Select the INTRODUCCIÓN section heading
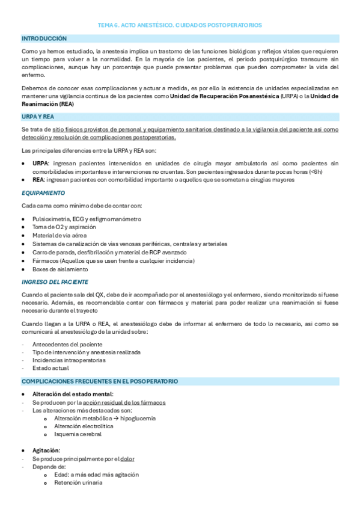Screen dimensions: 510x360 pyautogui.click(x=44, y=38)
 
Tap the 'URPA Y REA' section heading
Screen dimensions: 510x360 pyautogui.click(x=38, y=116)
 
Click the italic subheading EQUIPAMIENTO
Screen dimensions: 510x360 pyautogui.click(x=43, y=193)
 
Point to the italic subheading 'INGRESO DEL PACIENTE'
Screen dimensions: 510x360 pyautogui.click(x=55, y=281)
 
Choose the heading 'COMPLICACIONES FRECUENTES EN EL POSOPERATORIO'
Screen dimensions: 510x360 pyautogui.click(x=100, y=381)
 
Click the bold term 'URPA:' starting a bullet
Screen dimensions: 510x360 pyautogui.click(x=41, y=163)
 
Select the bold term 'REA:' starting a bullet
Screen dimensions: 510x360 pyautogui.click(x=38, y=179)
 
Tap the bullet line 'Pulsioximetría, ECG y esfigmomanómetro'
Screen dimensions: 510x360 pyautogui.click(x=87, y=218)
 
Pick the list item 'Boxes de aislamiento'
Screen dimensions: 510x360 pyautogui.click(x=61, y=269)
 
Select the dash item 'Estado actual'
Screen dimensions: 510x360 pyautogui.click(x=50, y=367)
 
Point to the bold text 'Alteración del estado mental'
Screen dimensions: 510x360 pyautogui.click(x=72, y=394)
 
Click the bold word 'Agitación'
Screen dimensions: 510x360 pyautogui.click(x=46, y=450)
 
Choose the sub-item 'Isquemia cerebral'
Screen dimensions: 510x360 pyautogui.click(x=78, y=434)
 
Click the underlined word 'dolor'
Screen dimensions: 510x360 pyautogui.click(x=127, y=458)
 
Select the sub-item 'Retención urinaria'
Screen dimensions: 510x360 pyautogui.click(x=78, y=482)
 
